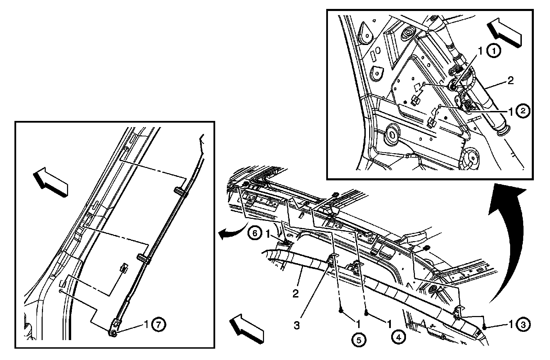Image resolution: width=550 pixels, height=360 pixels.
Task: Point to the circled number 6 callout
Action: (255, 233)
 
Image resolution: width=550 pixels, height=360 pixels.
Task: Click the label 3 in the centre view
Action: (296, 325)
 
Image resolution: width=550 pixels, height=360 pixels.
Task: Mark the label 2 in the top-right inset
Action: (510, 81)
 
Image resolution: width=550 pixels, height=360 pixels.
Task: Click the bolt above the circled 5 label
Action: (341, 311)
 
